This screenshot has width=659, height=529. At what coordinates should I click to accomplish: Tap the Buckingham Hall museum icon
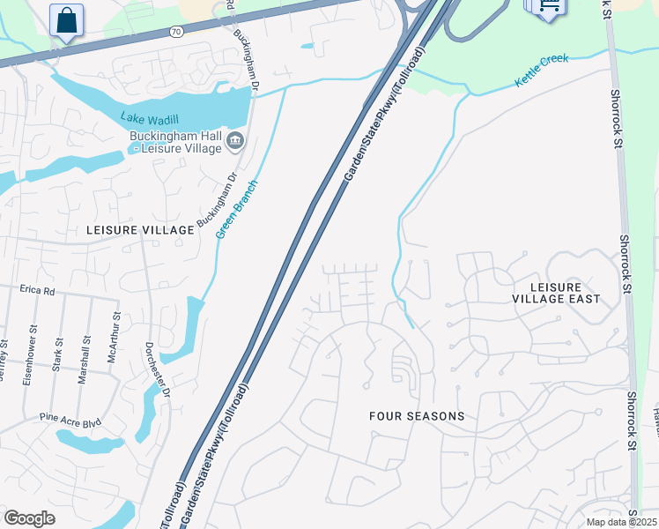235,140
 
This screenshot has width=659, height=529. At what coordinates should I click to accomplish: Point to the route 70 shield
175,32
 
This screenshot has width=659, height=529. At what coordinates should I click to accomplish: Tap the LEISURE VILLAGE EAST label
556,293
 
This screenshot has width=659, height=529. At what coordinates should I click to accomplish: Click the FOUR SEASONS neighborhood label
417,415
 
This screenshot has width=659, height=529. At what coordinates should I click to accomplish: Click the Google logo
29,518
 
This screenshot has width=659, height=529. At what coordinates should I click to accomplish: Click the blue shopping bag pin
66,19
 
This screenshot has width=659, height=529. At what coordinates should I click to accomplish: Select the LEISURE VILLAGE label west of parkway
140,229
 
